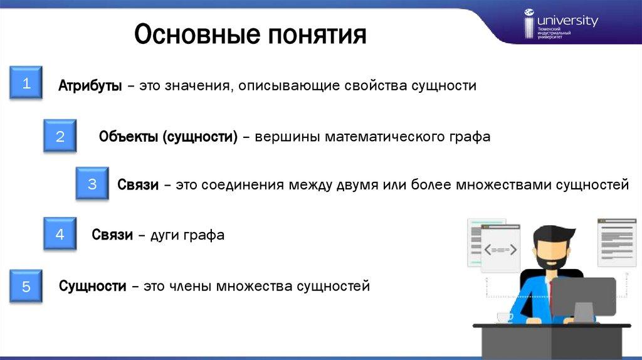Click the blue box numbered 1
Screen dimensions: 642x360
[x=26, y=82]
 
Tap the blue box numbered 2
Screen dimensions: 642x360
[x=60, y=135]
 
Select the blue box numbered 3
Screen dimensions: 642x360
[x=92, y=183]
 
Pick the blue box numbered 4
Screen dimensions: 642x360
[x=60, y=233]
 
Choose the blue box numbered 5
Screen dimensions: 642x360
[x=26, y=286]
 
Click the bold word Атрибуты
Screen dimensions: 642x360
[x=90, y=85]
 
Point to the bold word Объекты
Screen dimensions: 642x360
[x=128, y=136]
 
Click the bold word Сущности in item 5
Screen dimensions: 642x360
[x=93, y=286]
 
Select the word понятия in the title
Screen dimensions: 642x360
[x=317, y=35]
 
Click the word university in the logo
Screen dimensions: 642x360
[x=567, y=21]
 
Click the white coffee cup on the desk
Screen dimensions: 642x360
[x=505, y=317]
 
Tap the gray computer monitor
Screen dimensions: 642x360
[x=583, y=299]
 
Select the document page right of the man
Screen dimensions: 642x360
[x=617, y=243]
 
